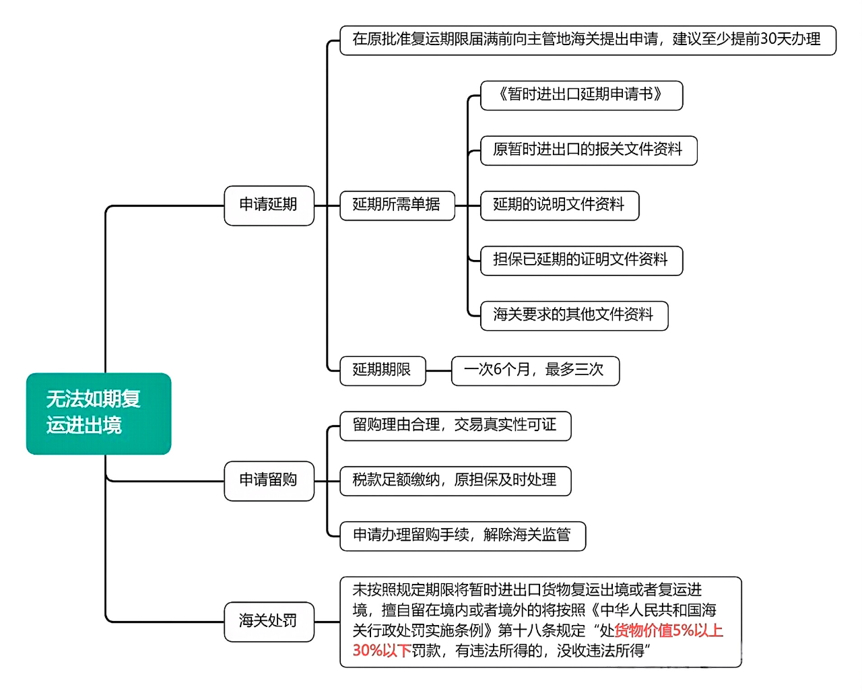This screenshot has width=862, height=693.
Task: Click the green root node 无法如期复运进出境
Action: pyautogui.click(x=98, y=413)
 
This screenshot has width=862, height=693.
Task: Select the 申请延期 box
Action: pyautogui.click(x=269, y=205)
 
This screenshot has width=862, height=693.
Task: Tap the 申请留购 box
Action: pyautogui.click(x=269, y=480)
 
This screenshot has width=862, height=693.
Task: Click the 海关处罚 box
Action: pyautogui.click(x=269, y=621)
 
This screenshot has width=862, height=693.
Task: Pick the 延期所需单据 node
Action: pyautogui.click(x=397, y=205)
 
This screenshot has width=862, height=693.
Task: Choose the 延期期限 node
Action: pyautogui.click(x=383, y=370)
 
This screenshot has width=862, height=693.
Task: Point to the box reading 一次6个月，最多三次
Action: pyautogui.click(x=535, y=370)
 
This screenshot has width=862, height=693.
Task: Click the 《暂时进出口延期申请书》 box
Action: pyautogui.click(x=581, y=95)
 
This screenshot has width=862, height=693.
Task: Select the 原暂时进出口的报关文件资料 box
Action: pyautogui.click(x=588, y=150)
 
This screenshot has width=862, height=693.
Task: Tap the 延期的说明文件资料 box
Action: pyautogui.click(x=559, y=205)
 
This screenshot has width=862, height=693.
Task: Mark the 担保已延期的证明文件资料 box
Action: pyautogui.click(x=581, y=260)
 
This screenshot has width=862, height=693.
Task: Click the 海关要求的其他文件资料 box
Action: pyautogui.click(x=574, y=315)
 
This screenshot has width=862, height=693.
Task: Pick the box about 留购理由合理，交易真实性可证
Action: pyautogui.click(x=455, y=425)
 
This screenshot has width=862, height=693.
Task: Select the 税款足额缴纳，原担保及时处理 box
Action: pyautogui.click(x=455, y=480)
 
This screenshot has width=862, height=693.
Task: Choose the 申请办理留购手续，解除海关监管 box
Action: pyautogui.click(x=463, y=535)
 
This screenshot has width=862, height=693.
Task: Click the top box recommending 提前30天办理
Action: pyautogui.click(x=587, y=40)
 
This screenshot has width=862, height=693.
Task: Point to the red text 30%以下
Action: pyautogui.click(x=382, y=651)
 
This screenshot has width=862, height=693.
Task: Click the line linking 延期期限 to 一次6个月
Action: pyautogui.click(x=438, y=370)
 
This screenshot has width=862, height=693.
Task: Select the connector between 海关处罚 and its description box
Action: pyautogui.click(x=327, y=622)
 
